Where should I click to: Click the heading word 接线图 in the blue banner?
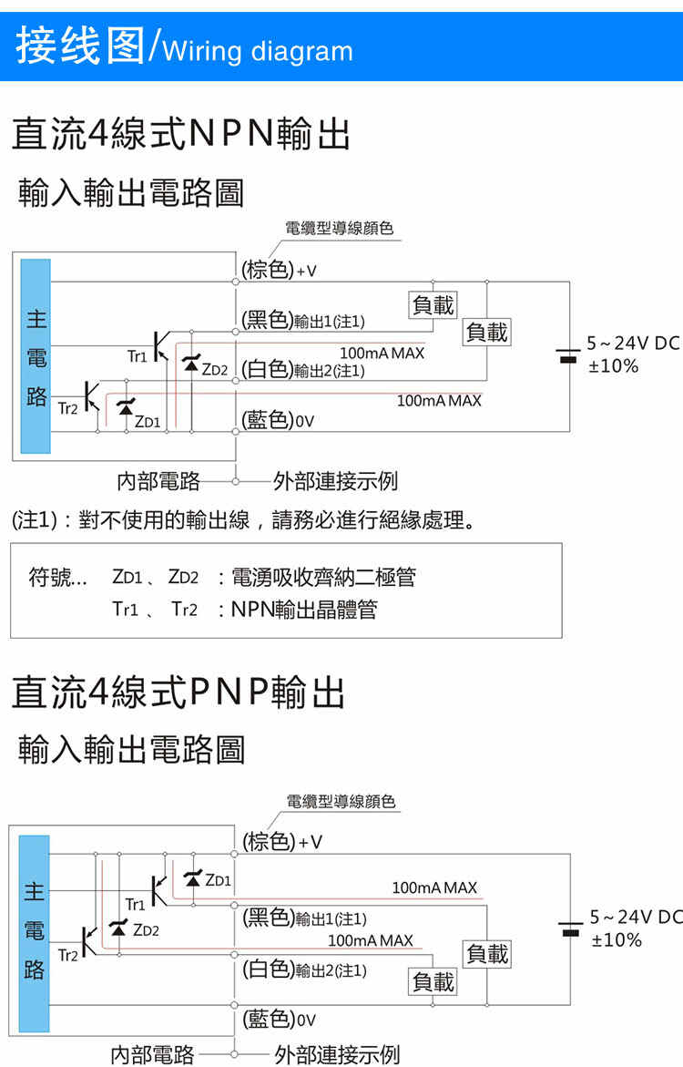point(80,46)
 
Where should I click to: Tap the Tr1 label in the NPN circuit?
point(137,356)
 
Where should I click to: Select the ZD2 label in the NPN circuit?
point(214,369)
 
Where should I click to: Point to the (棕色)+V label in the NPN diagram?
point(279,270)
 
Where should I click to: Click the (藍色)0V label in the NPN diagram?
point(279,420)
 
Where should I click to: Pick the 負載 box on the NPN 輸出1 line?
point(433,305)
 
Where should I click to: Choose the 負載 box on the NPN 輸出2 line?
point(486,333)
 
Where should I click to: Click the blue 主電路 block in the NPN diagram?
point(36,355)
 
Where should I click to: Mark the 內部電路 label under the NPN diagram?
point(158,480)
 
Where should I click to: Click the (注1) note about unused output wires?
point(243,521)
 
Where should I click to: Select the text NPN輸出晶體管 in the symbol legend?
point(303,609)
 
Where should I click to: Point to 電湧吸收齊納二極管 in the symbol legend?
point(323,577)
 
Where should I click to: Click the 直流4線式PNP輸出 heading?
point(178,693)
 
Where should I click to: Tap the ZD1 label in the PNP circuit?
point(219,880)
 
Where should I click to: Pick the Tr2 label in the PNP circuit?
point(68,955)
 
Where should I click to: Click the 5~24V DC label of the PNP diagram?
point(635,918)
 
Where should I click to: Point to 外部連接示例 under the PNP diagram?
point(336,1055)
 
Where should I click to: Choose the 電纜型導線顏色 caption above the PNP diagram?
point(341,802)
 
